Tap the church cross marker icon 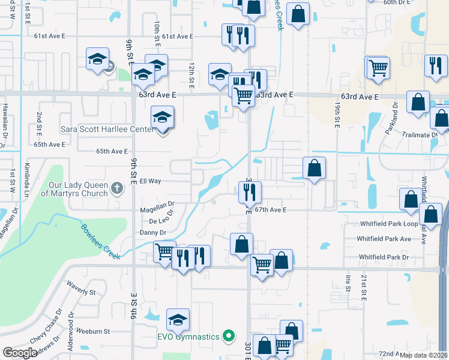click(117, 190)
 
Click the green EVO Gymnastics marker click(228, 336)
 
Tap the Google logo click(20, 353)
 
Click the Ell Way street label click(151, 181)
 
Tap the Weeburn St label click(89, 331)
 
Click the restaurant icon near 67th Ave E click(249, 192)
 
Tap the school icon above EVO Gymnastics click(178, 320)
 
